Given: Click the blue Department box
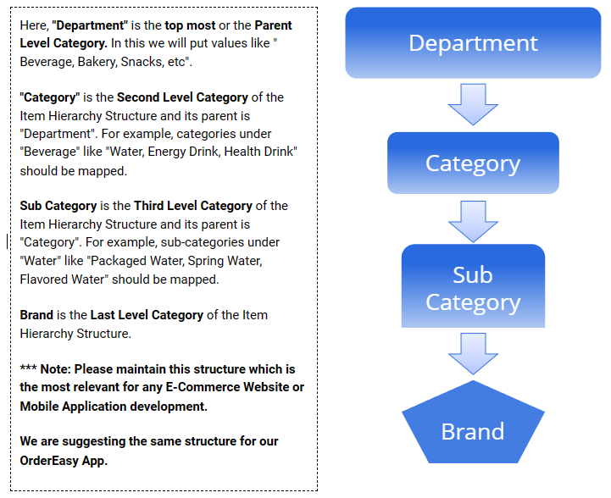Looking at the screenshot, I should [x=473, y=43].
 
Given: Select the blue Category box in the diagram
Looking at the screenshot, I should [x=473, y=163].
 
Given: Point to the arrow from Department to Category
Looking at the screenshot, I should [x=473, y=104].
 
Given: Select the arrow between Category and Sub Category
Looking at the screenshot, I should [x=473, y=221].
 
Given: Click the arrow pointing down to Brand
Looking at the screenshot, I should [x=473, y=353].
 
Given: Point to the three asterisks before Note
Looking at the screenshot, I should [x=28, y=370].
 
